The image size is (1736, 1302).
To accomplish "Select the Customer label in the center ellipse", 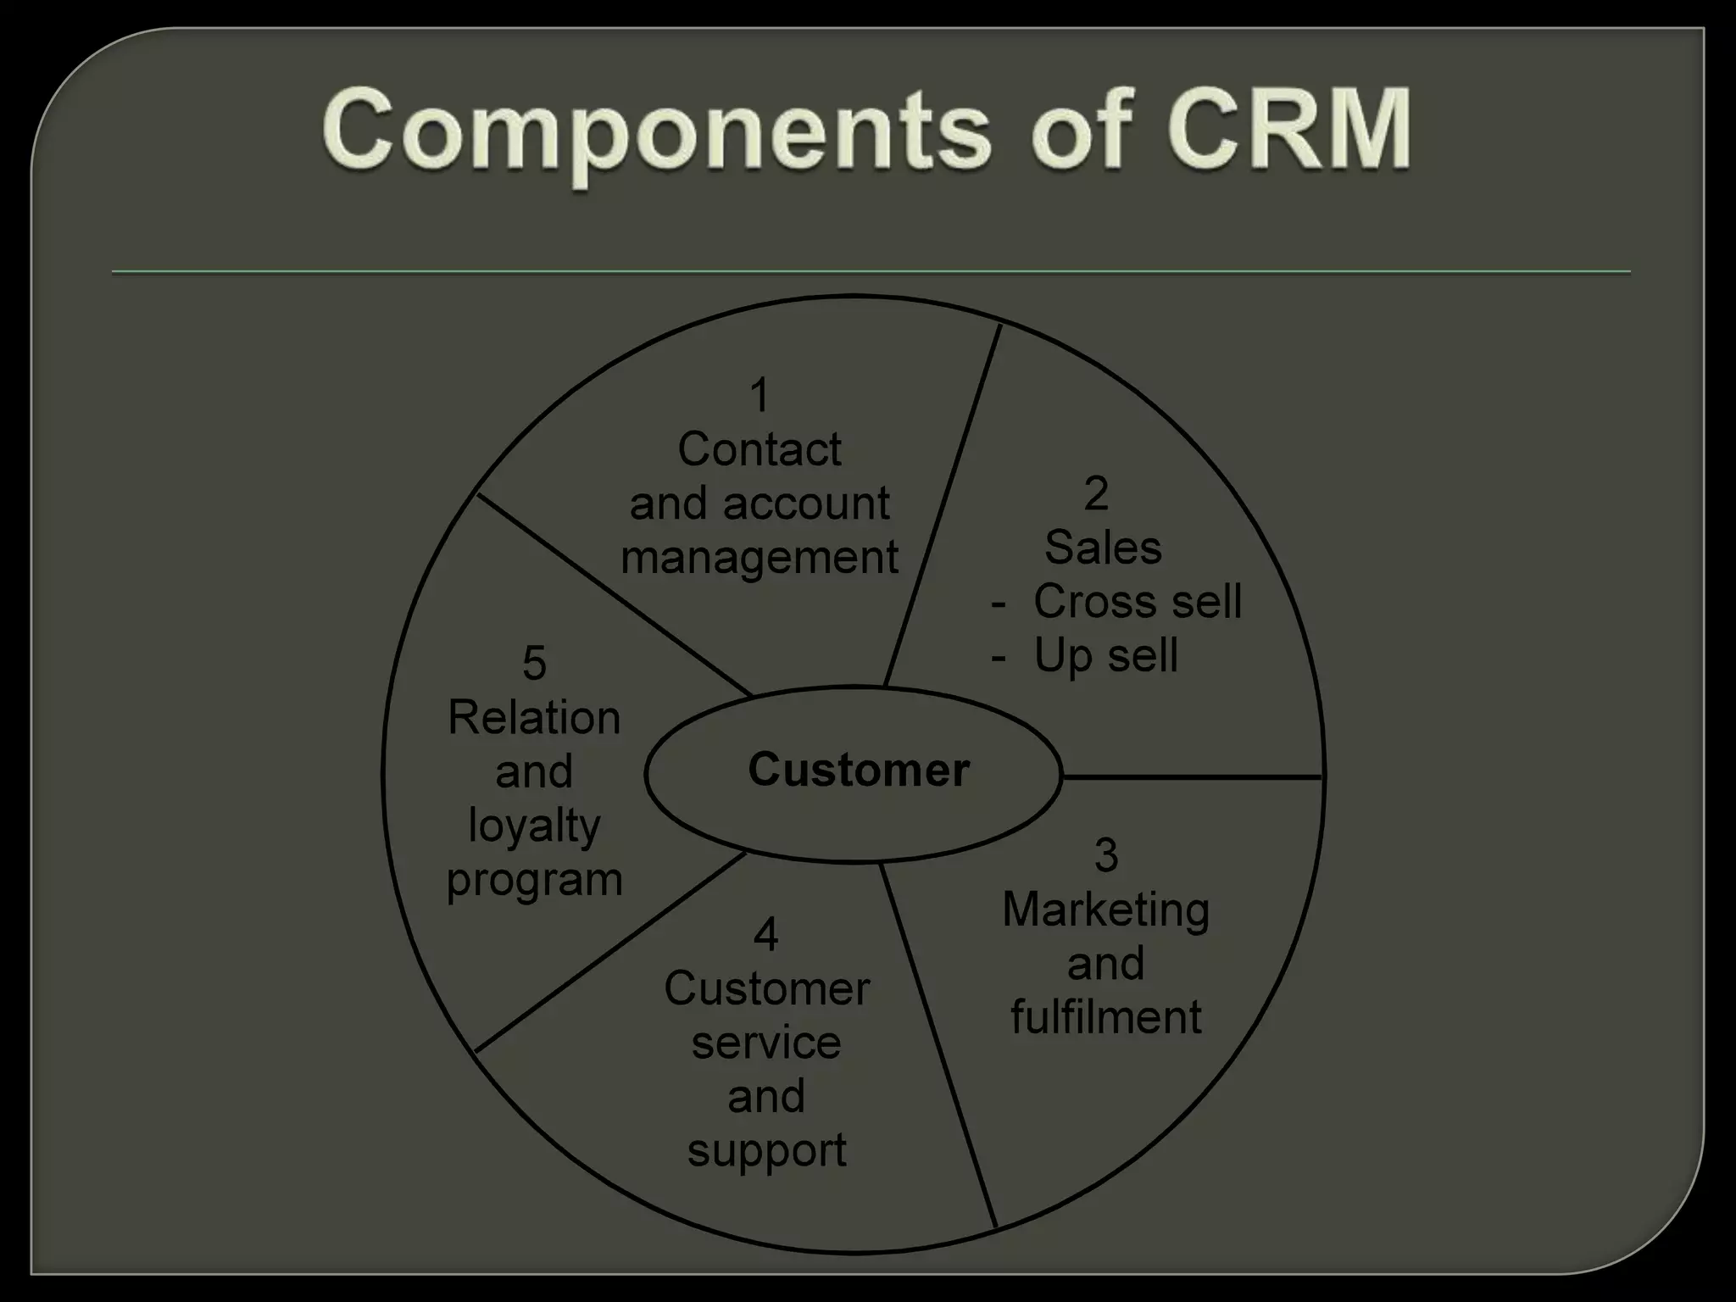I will point(858,771).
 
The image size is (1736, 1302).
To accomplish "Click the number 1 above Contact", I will point(759,396).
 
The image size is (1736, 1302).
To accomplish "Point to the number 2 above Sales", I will point(1096,493).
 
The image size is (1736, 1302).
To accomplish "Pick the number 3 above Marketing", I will point(1105,855).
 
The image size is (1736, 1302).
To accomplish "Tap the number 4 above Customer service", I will point(765,934).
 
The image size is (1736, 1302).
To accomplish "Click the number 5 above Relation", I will point(534,663).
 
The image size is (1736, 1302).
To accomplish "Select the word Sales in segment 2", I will point(1103,548).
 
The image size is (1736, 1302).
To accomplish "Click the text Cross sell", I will point(1137,602).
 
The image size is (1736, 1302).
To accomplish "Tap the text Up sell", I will point(1105,656).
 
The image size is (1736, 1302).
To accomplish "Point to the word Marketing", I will point(1105,910).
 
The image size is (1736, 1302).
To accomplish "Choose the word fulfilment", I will point(1105,1017).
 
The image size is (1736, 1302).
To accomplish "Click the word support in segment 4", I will point(766,1151).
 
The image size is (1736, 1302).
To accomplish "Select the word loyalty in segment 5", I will point(534,826).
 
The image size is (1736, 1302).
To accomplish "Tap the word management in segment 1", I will point(759,559).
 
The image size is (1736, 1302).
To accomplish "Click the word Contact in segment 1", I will point(759,449).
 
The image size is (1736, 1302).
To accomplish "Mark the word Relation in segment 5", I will point(534,718).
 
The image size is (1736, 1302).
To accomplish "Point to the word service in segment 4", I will point(766,1043).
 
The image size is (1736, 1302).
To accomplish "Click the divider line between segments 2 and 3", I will point(1191,776).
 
